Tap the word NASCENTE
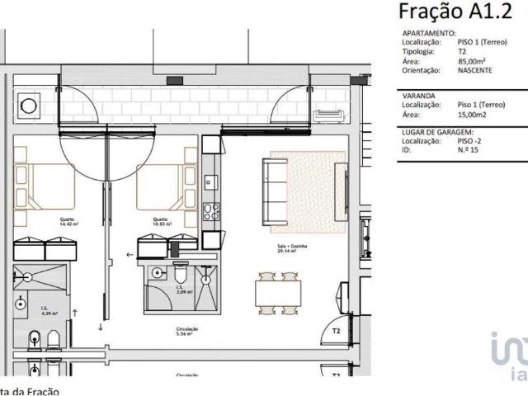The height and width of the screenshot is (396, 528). coord(475,72)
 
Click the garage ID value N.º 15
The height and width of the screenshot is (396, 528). coord(469,151)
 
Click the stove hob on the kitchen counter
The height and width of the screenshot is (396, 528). coord(211,210)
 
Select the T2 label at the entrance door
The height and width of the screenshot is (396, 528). coord(336,331)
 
